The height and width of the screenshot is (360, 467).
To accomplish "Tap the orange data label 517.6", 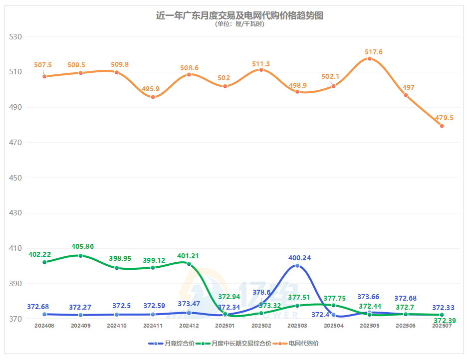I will pos(374,52).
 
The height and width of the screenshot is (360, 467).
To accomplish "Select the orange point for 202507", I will pos(442,126).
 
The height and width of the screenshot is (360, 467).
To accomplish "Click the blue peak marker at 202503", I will pos(297,266).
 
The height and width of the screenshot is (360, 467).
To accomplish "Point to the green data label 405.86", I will pos(82,247).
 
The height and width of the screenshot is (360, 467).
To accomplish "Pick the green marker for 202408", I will pos(44,262).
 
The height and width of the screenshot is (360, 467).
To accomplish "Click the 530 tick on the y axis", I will pos(16,37).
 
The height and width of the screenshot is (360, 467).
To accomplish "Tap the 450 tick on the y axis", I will pos(16,178).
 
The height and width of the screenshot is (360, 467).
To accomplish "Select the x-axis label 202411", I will pos(153,326).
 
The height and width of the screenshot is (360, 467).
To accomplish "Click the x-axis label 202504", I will pos(334,326).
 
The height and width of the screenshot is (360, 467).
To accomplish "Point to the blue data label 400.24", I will pos(300,258).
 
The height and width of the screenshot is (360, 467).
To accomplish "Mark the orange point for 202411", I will pos(153,97).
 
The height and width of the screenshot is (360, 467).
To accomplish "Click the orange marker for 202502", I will pos(261,70).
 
